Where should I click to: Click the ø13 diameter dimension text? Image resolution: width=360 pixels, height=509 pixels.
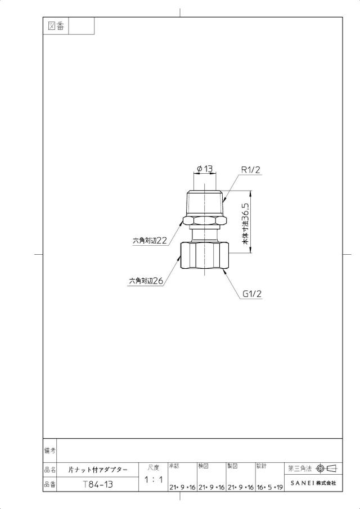[x=205, y=169]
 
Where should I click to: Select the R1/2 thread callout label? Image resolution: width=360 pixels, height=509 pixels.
[x=251, y=170]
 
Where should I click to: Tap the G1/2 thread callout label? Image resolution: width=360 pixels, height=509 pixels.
[x=252, y=294]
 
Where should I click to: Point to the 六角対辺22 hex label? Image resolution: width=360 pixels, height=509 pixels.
[x=150, y=241]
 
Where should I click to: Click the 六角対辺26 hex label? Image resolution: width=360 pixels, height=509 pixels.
[x=146, y=281]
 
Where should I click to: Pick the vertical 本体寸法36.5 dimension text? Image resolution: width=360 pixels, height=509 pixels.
[x=245, y=224]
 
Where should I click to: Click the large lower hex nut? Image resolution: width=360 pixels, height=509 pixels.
[x=205, y=256]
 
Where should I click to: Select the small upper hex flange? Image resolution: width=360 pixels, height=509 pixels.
[x=205, y=221]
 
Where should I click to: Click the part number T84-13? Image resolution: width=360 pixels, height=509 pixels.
[x=98, y=485]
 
